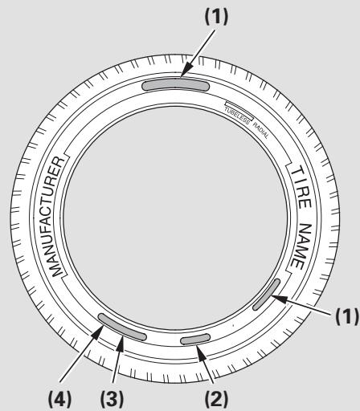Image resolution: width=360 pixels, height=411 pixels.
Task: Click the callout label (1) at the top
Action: click(x=216, y=17)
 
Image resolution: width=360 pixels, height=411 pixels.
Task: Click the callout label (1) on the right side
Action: click(x=347, y=316)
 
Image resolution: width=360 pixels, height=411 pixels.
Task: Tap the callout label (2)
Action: click(x=216, y=399)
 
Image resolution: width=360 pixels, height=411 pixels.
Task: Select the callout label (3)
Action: click(x=112, y=399)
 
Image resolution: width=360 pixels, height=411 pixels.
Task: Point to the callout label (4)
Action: click(x=60, y=399)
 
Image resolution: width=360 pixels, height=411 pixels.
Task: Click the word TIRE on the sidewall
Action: click(x=301, y=188)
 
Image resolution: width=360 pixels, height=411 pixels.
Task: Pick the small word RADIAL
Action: click(x=260, y=130)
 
